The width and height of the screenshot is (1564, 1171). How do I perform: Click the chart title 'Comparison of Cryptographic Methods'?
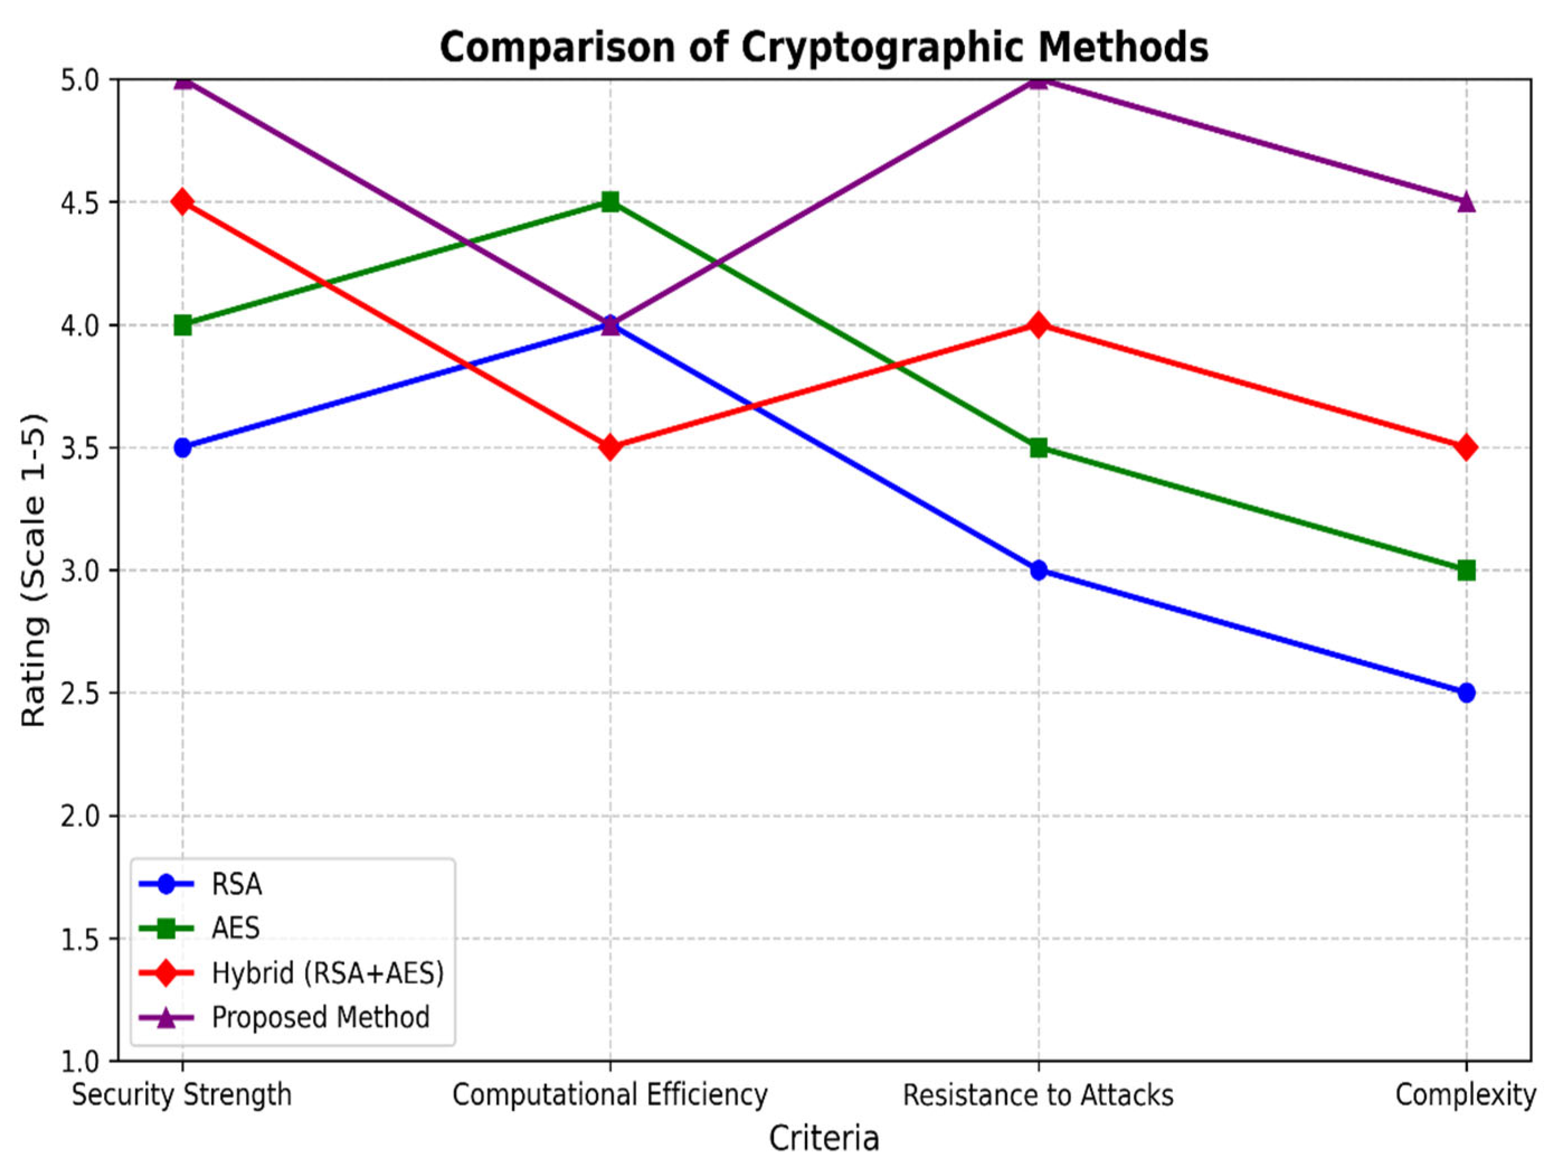click(x=824, y=48)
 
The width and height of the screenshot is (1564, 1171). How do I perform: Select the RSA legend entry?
click(x=236, y=885)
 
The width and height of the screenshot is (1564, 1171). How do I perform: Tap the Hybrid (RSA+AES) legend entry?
click(x=327, y=973)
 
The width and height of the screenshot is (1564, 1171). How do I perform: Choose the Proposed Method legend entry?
click(x=320, y=1017)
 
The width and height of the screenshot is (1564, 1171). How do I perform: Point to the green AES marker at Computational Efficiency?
click(x=610, y=202)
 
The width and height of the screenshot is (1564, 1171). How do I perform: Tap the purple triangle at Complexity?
click(x=1466, y=202)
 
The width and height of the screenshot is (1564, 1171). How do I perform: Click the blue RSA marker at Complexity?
click(x=1466, y=693)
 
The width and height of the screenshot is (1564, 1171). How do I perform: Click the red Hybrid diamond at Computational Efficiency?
click(x=610, y=448)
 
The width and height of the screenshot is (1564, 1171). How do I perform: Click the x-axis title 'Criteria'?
click(x=824, y=1139)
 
